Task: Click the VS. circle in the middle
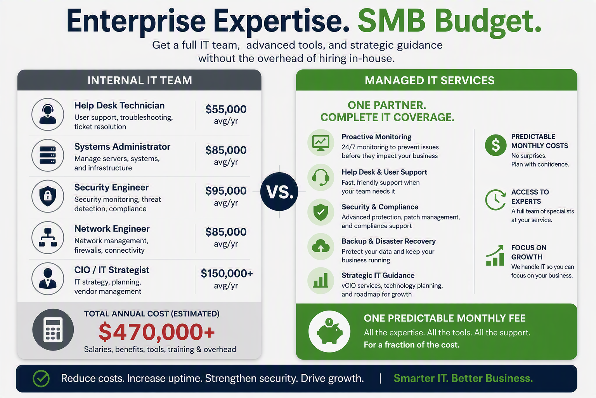(279, 191)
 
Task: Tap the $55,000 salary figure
(226, 109)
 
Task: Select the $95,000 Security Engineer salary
(226, 191)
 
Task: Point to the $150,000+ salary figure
(227, 274)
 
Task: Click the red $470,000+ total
(156, 332)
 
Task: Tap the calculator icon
(53, 330)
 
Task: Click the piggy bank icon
(329, 332)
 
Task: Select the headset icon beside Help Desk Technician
(48, 114)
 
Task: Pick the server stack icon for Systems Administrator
(48, 155)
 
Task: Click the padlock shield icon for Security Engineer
(48, 196)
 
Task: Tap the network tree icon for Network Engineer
(48, 237)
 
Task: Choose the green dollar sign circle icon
(496, 145)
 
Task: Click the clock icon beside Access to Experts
(495, 200)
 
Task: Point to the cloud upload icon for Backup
(321, 246)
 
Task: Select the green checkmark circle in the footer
(41, 379)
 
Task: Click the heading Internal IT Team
(140, 80)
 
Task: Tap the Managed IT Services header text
(430, 80)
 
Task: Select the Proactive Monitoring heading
(376, 137)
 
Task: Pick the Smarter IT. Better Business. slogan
(463, 378)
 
